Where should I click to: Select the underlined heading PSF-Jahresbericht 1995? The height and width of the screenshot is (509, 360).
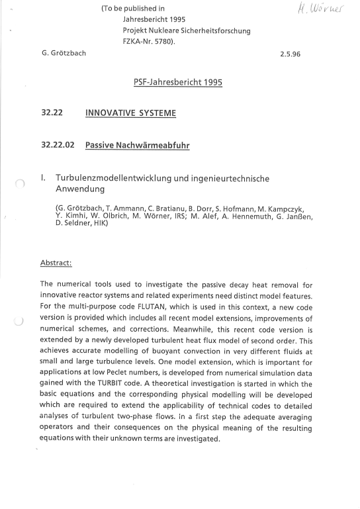coord(178,83)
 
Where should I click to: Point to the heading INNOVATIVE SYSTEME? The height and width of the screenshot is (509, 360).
coord(130,113)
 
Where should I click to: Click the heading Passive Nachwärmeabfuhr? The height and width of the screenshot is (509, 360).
coord(137,145)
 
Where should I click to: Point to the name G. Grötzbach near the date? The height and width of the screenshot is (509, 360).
coord(64,52)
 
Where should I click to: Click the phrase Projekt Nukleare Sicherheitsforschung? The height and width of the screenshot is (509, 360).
coord(187,30)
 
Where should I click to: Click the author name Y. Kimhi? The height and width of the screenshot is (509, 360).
coord(72,216)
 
